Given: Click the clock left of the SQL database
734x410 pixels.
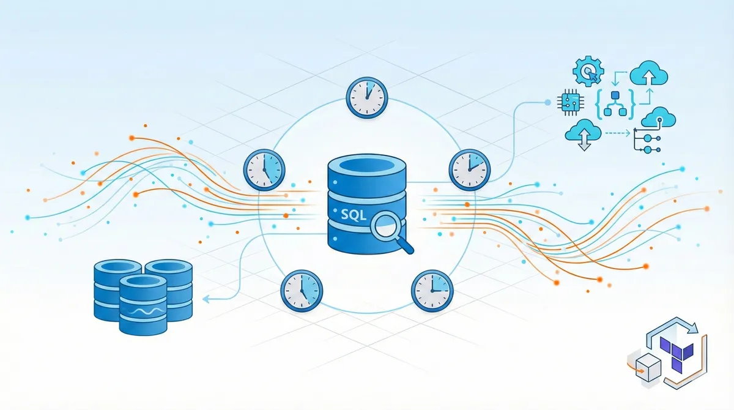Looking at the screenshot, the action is (x=265, y=169).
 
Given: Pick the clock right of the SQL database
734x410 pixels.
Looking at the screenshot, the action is (x=469, y=168).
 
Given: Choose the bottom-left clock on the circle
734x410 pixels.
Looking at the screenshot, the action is (x=302, y=288).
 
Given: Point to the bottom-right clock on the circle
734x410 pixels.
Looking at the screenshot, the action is (x=432, y=288).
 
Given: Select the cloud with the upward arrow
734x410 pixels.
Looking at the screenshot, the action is (x=651, y=75).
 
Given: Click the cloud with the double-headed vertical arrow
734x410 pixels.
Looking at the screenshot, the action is (x=582, y=133).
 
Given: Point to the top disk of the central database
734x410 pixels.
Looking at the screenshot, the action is (x=367, y=166).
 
